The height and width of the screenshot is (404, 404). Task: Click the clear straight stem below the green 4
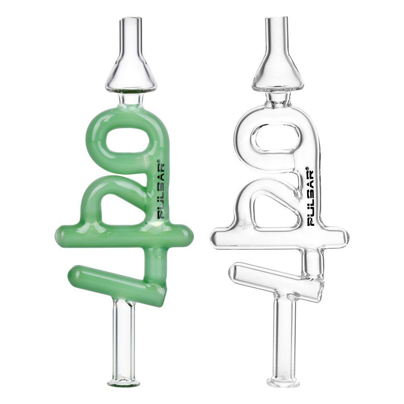click(x=123, y=339)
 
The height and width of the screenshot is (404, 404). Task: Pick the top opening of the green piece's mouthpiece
click(x=132, y=19)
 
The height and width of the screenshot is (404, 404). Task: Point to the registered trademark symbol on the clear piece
click(x=307, y=169)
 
